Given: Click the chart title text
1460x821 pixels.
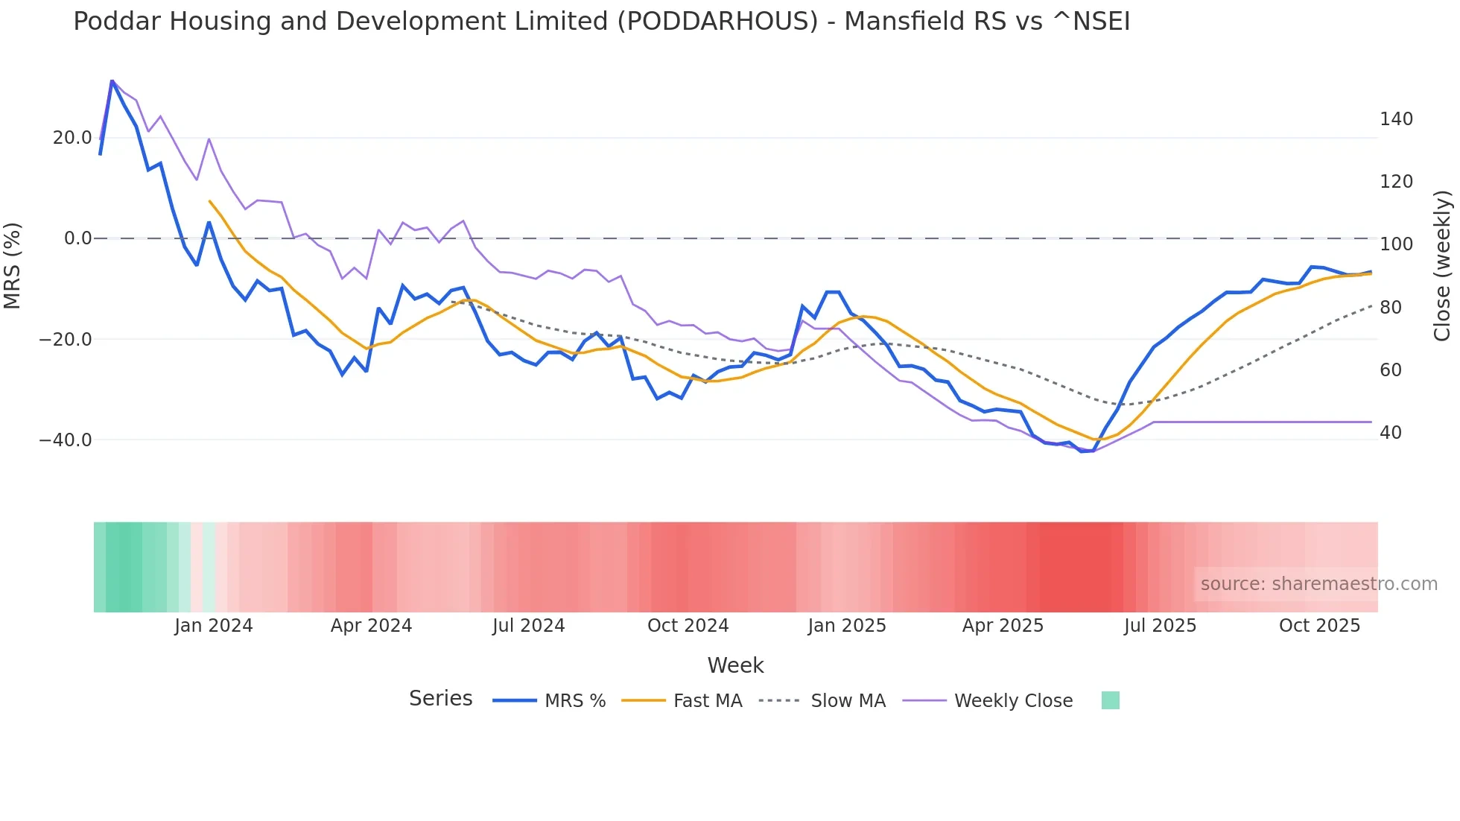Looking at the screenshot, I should coord(601,22).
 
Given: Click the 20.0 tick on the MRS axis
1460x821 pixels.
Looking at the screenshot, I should coord(72,138).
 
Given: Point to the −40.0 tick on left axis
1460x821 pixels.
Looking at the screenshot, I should coord(66,440).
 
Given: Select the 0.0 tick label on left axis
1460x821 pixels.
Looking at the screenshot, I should coord(77,238).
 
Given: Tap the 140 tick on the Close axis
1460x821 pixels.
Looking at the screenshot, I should coord(1396,119).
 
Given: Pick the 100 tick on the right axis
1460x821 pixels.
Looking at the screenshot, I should coord(1396,244).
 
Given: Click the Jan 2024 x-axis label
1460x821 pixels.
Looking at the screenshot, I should coord(214,626).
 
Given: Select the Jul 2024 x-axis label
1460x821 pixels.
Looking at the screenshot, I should coord(528,626).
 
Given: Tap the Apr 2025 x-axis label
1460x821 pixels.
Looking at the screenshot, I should coord(1003,626).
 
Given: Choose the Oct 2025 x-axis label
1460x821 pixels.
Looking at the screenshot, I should coord(1319,626).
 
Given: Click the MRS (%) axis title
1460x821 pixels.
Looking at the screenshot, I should coord(13,265).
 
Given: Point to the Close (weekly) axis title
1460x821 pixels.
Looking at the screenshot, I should coord(1442,265).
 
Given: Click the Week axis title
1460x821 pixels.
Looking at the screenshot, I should coord(735,665).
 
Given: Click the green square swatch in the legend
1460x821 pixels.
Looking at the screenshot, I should coord(1110,700).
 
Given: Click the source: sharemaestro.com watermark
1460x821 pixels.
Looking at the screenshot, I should coord(1318,584).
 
